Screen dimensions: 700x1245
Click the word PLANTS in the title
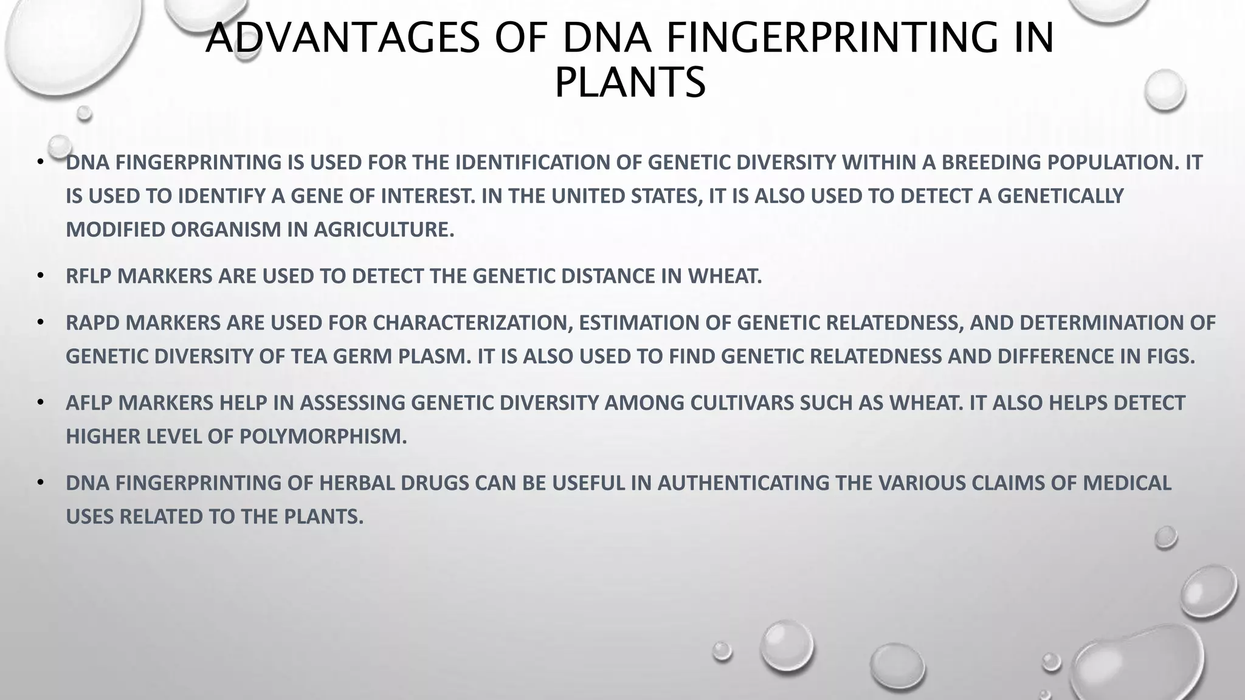tap(630, 83)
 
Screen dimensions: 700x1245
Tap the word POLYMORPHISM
tap(323, 436)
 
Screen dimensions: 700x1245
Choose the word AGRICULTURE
tap(384, 230)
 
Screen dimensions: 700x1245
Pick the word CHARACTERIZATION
tap(472, 323)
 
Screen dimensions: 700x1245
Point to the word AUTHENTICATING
tap(743, 483)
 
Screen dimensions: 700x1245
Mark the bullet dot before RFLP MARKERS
tap(41, 275)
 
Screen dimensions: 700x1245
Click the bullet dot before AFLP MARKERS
tap(41, 402)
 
